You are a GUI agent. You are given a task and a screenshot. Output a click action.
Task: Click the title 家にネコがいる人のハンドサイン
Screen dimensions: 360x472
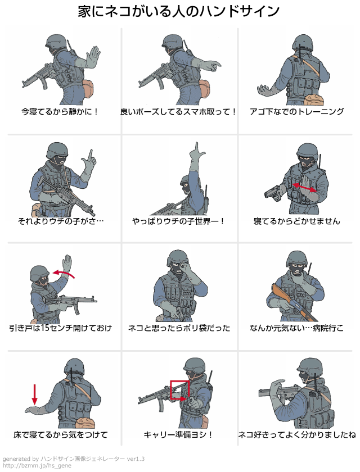[x=179, y=11]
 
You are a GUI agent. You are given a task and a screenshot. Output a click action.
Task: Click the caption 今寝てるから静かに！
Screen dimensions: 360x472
[x=60, y=112]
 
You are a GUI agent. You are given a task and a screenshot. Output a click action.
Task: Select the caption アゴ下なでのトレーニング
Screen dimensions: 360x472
[x=297, y=112]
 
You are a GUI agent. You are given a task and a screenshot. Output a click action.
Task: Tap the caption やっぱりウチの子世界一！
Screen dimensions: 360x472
[x=178, y=221]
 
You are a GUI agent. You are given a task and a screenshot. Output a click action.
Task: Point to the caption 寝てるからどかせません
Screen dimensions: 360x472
[x=297, y=221]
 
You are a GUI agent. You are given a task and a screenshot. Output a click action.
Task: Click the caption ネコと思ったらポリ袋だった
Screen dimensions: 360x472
[x=179, y=328]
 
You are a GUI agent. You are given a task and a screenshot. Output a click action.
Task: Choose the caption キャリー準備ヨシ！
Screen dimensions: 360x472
[x=178, y=435]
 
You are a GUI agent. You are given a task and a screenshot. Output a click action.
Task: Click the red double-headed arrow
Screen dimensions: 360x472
[x=304, y=187]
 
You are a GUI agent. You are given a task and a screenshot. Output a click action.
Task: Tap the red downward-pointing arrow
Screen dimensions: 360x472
[x=35, y=394]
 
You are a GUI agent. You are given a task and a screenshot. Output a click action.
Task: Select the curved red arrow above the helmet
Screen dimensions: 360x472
[x=64, y=273]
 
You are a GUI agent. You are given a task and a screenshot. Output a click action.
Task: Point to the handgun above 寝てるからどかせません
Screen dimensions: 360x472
[x=273, y=192]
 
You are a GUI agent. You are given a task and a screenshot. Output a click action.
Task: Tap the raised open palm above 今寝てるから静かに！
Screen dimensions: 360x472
[x=93, y=57]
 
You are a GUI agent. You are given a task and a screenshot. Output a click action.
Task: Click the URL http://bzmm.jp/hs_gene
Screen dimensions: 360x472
[x=37, y=466]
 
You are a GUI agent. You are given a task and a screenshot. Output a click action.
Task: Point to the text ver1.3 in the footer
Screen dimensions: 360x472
[x=136, y=459]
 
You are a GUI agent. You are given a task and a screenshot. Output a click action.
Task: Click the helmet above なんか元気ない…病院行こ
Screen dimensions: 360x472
[x=298, y=259]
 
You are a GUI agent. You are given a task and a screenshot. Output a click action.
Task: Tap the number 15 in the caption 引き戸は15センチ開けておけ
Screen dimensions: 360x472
[x=45, y=328]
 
